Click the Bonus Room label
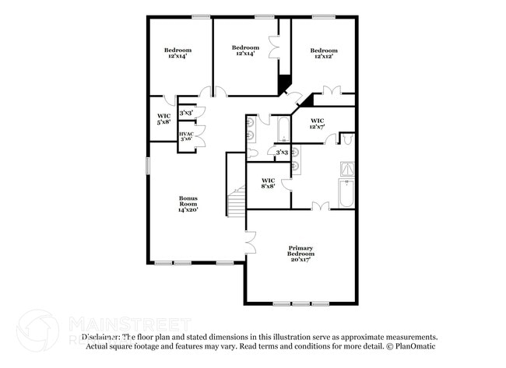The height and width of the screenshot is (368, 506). click(x=188, y=204)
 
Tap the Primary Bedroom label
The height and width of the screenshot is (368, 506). click(x=300, y=254)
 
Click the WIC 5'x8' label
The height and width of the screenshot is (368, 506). click(x=163, y=118)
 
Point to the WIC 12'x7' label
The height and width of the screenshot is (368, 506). click(x=318, y=123)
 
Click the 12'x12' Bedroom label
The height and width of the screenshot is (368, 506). click(x=324, y=54)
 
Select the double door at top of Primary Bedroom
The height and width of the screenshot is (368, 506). click(x=320, y=205)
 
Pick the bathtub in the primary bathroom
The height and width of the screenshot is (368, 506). click(x=346, y=193)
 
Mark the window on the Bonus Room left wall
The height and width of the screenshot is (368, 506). click(x=148, y=166)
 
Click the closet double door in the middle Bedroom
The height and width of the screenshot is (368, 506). click(x=273, y=47)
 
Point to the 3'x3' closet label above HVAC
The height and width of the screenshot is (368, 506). click(x=186, y=114)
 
